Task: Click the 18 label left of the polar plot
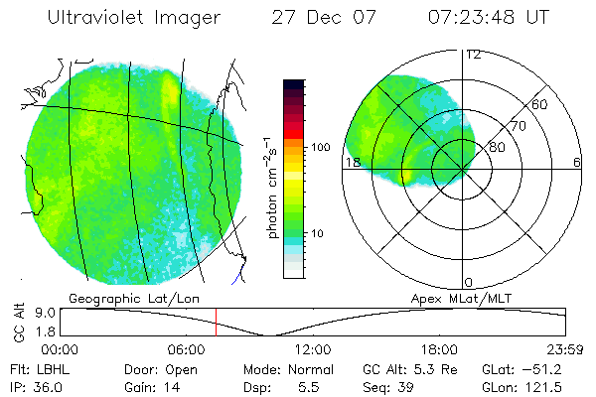pyautogui.click(x=352, y=163)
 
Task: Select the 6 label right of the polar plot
pyautogui.click(x=577, y=163)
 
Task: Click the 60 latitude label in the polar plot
pyautogui.click(x=540, y=104)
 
